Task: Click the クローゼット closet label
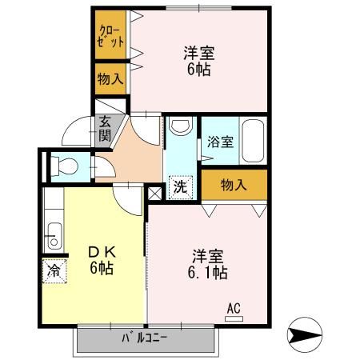[110, 36]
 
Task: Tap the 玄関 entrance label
[105, 130]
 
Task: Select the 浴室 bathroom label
[220, 142]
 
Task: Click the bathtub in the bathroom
[254, 141]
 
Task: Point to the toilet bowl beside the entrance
[65, 167]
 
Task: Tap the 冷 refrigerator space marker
[54, 271]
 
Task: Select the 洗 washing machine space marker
[181, 187]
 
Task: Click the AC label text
[234, 308]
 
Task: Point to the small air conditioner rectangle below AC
[234, 318]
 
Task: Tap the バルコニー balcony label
[144, 338]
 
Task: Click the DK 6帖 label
[102, 260]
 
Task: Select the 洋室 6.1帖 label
[207, 264]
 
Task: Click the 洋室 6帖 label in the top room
[199, 61]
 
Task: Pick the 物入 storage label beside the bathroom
[234, 185]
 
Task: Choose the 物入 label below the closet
[110, 79]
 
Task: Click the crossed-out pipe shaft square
[154, 194]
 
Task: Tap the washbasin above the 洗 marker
[182, 126]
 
